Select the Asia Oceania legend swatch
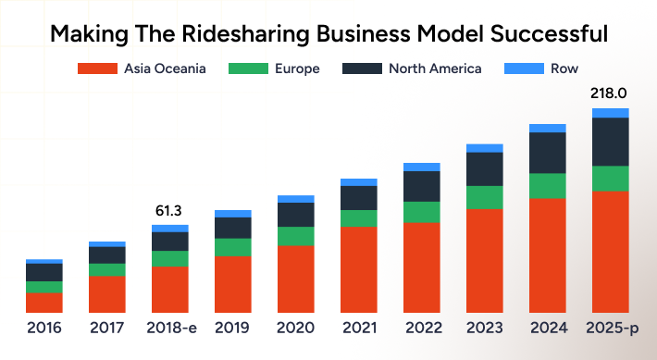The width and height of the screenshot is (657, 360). (x=97, y=68)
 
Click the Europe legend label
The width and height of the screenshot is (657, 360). (x=298, y=68)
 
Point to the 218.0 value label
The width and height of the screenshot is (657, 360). (x=609, y=94)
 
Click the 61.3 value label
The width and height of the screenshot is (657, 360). (x=169, y=212)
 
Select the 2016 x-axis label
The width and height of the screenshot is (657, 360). (x=44, y=328)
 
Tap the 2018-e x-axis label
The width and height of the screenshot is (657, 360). (x=169, y=328)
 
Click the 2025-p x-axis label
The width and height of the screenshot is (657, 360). (x=610, y=328)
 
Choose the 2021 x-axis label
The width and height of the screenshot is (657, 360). (x=358, y=328)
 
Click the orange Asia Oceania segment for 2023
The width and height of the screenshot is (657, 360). (x=484, y=260)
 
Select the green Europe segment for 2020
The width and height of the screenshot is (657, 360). (x=296, y=236)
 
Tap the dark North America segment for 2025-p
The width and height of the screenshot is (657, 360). (x=610, y=142)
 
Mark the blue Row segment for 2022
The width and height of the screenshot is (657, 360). (x=421, y=167)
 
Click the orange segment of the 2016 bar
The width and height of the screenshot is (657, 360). (x=44, y=302)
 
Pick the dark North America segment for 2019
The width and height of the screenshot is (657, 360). (x=232, y=228)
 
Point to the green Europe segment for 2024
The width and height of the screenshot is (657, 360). (x=547, y=186)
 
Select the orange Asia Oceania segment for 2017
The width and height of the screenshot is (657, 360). (x=107, y=293)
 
